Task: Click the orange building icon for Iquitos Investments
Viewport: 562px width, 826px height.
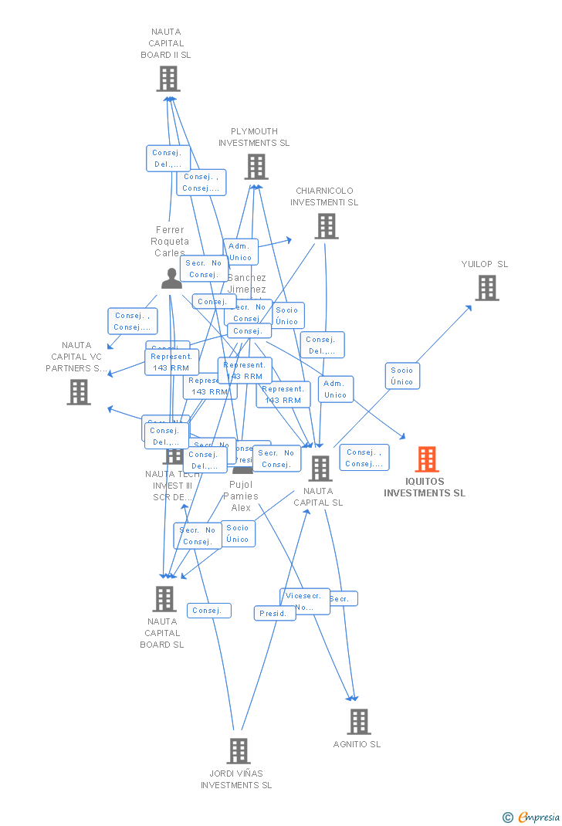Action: pyautogui.click(x=426, y=459)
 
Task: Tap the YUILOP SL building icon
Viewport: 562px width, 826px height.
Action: pyautogui.click(x=486, y=288)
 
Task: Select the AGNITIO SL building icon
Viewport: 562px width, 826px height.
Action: pyautogui.click(x=358, y=722)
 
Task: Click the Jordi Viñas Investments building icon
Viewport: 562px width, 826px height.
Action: pyautogui.click(x=238, y=750)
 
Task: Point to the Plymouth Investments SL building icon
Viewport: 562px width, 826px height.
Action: pyautogui.click(x=256, y=166)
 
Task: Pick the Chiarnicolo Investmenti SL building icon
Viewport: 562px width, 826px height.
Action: pyautogui.click(x=326, y=226)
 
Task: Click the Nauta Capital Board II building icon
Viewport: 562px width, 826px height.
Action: pyautogui.click(x=168, y=79)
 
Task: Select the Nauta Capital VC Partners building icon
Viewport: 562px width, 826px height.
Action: pyautogui.click(x=78, y=392)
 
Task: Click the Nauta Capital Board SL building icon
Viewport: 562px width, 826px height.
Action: pyautogui.click(x=164, y=599)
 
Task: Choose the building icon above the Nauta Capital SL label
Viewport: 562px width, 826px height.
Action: pyautogui.click(x=320, y=468)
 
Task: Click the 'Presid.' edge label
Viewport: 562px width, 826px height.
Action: pyautogui.click(x=274, y=614)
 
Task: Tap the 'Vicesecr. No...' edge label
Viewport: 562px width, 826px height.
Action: pyautogui.click(x=304, y=601)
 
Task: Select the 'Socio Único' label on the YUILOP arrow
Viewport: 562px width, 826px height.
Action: pyautogui.click(x=401, y=376)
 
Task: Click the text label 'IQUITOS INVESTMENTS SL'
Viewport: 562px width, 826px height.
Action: pyautogui.click(x=425, y=487)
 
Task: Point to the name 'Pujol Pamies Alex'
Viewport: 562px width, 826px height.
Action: pyautogui.click(x=241, y=496)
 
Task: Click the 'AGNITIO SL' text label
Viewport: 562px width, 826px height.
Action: pyautogui.click(x=357, y=744)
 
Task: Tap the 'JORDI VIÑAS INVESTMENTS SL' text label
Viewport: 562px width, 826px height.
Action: pyautogui.click(x=236, y=779)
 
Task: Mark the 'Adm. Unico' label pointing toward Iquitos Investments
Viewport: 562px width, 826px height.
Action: pyautogui.click(x=335, y=389)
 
